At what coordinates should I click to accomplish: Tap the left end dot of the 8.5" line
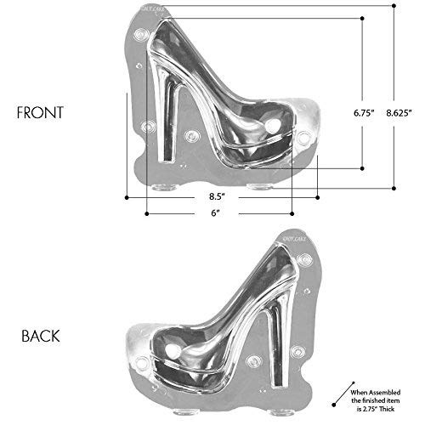coord(126,197)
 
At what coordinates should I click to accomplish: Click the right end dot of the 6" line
coord(292,212)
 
